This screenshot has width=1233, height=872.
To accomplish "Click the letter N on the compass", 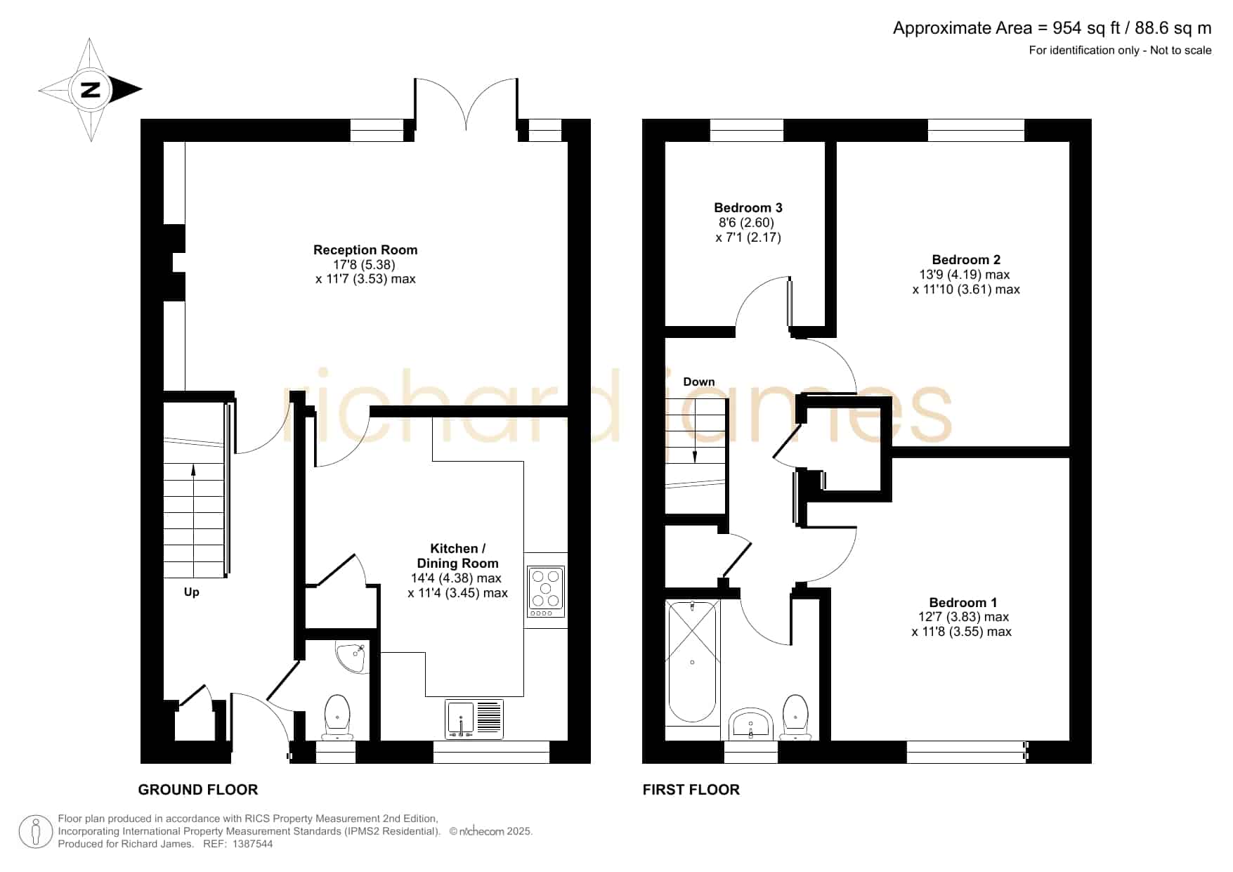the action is (91, 90).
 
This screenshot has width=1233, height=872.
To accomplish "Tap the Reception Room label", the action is (365, 250).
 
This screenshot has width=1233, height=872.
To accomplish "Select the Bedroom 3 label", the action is (748, 208).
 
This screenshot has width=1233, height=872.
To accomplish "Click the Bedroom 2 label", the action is (966, 260).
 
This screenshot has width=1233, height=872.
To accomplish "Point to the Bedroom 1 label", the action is (963, 603).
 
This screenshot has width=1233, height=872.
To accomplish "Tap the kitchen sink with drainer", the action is (474, 719).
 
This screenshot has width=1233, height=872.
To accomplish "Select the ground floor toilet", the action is (338, 717).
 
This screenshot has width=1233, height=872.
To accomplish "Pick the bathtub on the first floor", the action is (693, 662).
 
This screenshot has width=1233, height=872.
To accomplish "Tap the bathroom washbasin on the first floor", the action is (751, 724).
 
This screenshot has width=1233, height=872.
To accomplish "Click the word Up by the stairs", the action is (192, 592).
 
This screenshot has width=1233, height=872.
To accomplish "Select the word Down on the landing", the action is (699, 382).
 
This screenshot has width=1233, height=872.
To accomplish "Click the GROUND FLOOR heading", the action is (198, 790).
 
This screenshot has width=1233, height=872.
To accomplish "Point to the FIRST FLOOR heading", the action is (691, 790).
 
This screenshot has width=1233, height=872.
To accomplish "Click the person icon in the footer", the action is (35, 832).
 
